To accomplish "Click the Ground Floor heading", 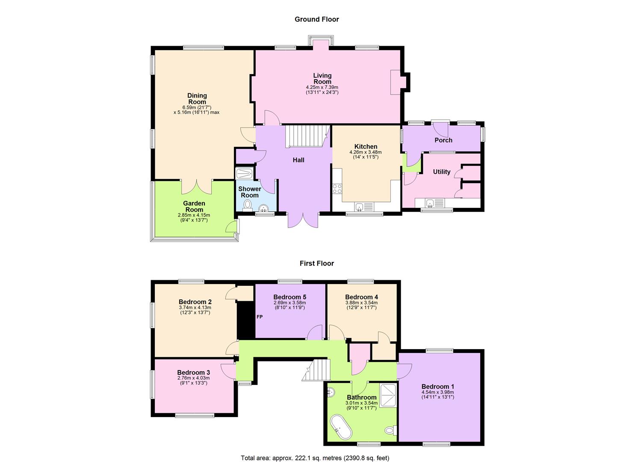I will (316, 19).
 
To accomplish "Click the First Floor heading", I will (316, 264).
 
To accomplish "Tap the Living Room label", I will (322, 79).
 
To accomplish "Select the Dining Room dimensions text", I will (197, 110).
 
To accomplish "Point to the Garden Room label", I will (194, 207).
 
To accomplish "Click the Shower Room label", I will (250, 192).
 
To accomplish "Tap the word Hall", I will (298, 160).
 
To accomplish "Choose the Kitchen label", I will (366, 146).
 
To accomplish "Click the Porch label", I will (443, 140).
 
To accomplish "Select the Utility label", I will (442, 172).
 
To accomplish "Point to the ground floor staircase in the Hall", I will (307, 136).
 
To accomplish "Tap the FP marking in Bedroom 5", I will (260, 317).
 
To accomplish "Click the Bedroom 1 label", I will (437, 387).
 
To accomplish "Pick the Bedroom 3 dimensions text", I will (194, 380).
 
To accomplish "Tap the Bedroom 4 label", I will (361, 297).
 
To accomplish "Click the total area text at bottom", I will (315, 458).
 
